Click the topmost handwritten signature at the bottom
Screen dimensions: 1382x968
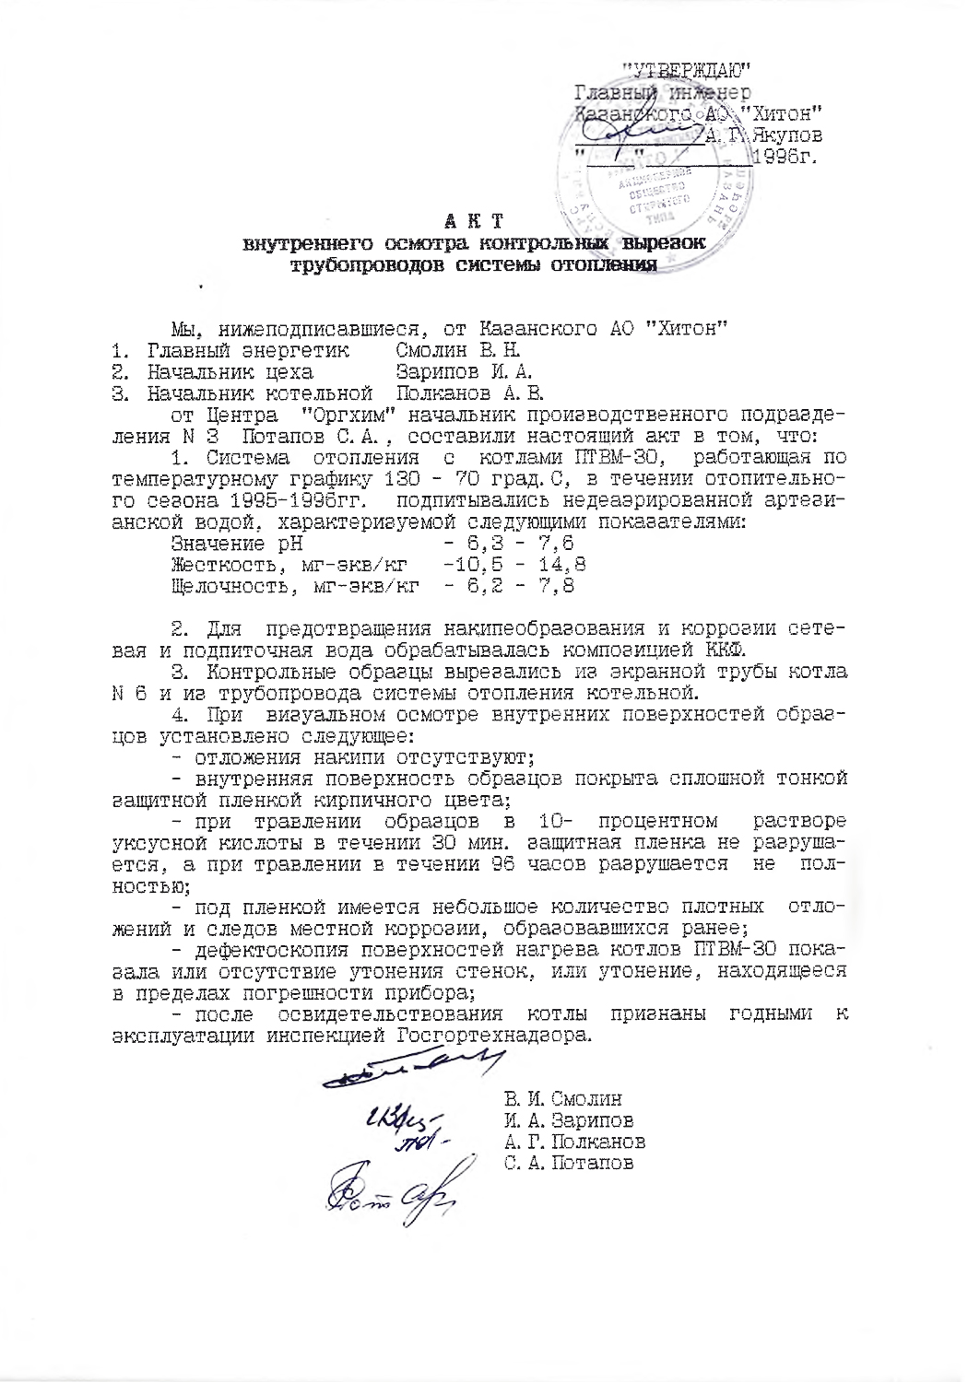pyautogui.click(x=415, y=1070)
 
